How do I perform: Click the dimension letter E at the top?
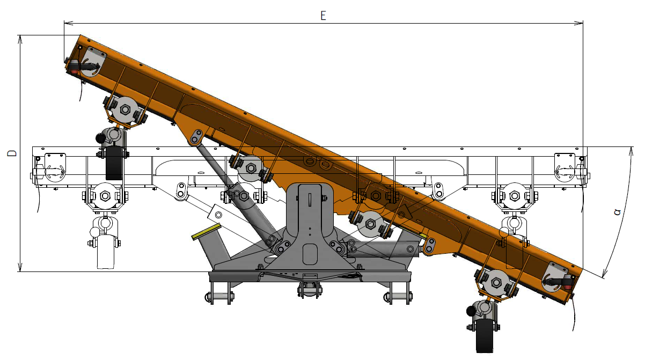click(323, 16)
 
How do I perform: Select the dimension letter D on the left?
click(12, 153)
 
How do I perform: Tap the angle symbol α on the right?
click(617, 212)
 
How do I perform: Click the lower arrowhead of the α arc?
click(605, 273)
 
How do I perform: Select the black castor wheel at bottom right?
click(485, 336)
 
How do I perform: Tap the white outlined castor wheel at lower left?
click(106, 252)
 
